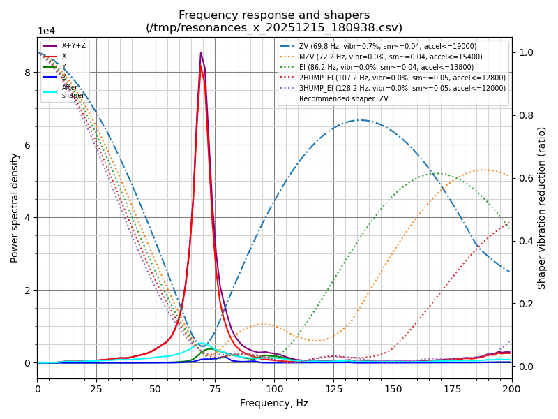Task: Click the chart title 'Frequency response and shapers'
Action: point(274,15)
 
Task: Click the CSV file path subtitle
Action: point(274,28)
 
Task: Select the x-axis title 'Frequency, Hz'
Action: point(274,403)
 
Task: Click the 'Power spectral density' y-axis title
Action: point(15,207)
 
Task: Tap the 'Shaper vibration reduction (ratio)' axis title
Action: point(542,207)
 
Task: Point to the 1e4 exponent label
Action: point(47,31)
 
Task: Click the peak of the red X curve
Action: point(201,66)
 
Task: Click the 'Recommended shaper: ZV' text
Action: point(343,99)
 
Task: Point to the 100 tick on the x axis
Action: point(274,388)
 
